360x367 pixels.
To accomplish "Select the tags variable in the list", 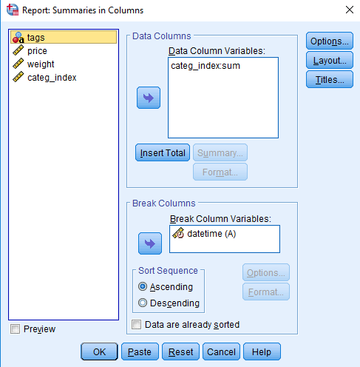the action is click(64, 37).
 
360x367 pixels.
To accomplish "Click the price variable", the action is click(37, 51).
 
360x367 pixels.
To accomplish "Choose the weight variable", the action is click(41, 64).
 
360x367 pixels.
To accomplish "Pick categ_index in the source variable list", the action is click(52, 78).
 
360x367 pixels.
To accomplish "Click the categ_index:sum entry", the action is click(206, 66).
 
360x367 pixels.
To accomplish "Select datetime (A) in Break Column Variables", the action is click(211, 234).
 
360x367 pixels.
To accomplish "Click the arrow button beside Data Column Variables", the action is click(149, 98).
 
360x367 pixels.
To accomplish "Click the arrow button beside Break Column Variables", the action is click(150, 243).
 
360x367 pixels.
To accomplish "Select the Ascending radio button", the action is click(143, 286).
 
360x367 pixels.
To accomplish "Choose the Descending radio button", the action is click(143, 303).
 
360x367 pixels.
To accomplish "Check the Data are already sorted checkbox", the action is click(137, 325).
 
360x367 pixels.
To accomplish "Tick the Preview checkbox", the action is click(15, 329).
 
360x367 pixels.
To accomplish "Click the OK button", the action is click(99, 351).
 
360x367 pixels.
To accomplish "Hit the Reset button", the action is click(180, 351).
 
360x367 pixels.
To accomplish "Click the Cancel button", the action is click(221, 351).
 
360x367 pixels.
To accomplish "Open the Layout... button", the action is click(330, 60).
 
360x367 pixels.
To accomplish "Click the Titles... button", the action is click(330, 79).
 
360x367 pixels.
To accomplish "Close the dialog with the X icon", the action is click(350, 10).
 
